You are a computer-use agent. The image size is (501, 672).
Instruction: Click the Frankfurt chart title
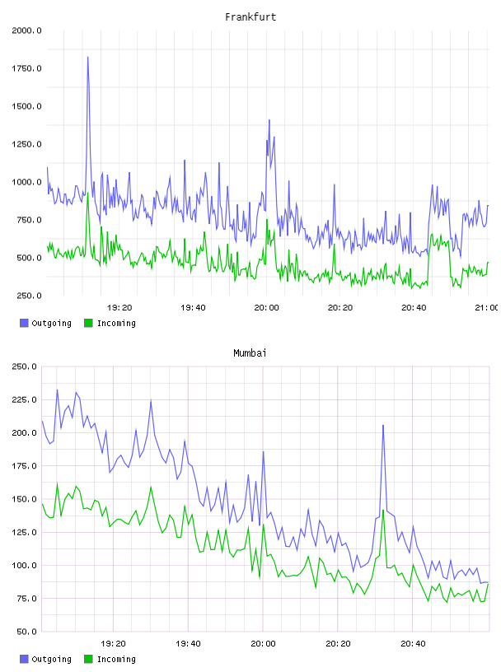point(250,17)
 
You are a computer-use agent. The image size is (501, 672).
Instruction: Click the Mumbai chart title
point(250,353)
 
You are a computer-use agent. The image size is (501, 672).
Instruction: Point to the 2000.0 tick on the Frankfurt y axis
point(26,30)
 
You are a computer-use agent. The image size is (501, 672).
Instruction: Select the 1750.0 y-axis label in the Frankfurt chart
point(26,68)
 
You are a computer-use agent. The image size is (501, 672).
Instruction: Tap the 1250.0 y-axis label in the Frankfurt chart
point(26,144)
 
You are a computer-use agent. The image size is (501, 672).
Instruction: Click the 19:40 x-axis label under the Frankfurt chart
point(193,308)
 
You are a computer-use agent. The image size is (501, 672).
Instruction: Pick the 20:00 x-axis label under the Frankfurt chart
point(266,308)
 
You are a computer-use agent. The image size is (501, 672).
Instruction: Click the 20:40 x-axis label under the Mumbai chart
point(413,644)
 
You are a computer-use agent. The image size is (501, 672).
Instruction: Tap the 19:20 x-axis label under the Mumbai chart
point(113,644)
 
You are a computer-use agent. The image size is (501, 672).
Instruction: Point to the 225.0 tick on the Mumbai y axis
point(24,400)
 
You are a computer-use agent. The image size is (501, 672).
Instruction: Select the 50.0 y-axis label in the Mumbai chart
point(26,632)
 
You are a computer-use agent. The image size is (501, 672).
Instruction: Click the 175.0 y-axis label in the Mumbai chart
point(24,466)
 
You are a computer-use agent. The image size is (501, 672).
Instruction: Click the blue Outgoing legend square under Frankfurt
point(24,323)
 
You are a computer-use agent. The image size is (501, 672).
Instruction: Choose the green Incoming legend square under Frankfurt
point(88,323)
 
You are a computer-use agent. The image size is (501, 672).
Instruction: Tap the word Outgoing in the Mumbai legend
point(51,659)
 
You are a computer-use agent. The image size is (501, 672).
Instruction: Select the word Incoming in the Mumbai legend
point(116,659)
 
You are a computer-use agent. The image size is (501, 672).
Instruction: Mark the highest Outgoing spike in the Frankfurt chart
point(88,58)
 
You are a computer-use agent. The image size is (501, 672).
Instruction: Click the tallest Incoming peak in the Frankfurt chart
point(88,194)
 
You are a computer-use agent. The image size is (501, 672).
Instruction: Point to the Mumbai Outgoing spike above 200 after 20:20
point(383,426)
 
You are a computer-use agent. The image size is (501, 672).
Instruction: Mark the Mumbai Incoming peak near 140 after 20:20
point(383,511)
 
